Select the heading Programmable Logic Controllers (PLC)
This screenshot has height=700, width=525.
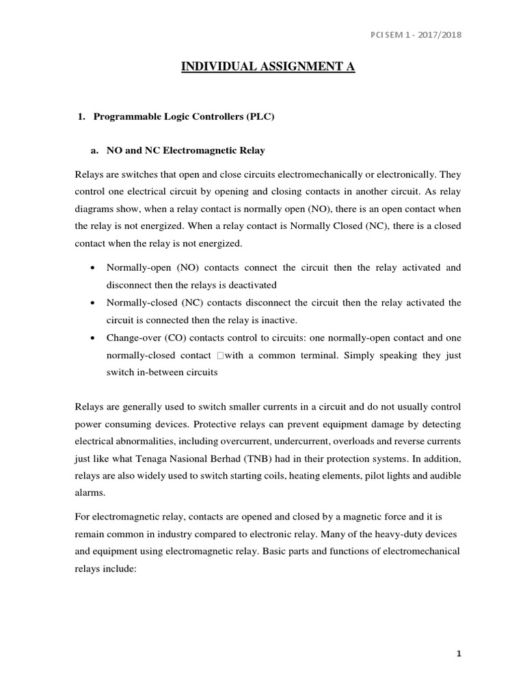[x=184, y=117]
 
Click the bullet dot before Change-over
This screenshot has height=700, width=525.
[x=92, y=338]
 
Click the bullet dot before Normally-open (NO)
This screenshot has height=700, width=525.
[x=92, y=267]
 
